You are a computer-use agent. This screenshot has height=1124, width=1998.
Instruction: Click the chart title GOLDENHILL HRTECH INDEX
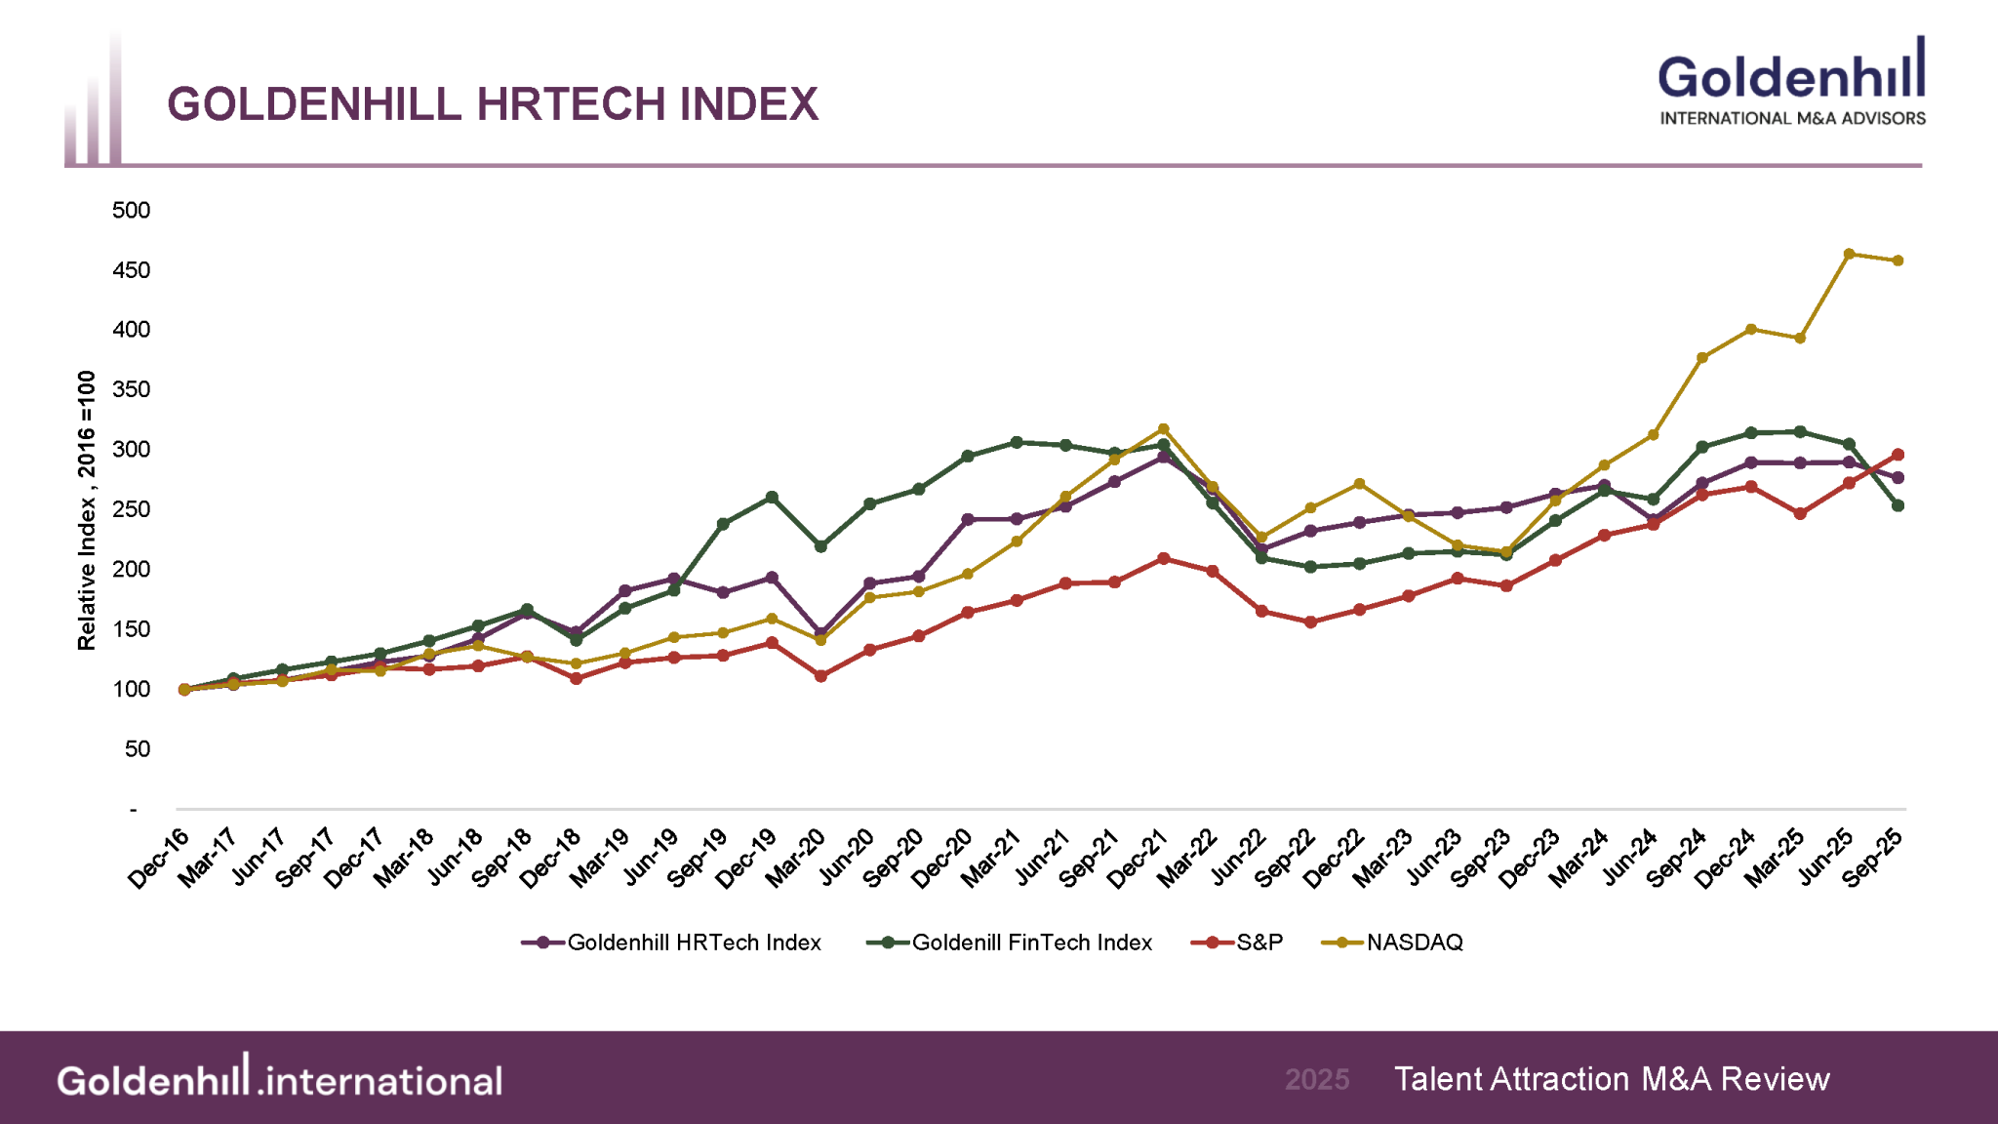click(493, 104)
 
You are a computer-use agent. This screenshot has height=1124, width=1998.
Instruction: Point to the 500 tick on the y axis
click(132, 210)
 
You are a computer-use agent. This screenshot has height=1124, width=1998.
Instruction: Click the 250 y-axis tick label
click(132, 509)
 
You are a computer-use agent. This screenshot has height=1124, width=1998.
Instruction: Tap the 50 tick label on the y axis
click(138, 748)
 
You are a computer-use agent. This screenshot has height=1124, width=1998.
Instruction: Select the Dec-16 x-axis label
click(159, 858)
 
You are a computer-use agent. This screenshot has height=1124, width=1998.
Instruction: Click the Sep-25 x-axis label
click(1872, 858)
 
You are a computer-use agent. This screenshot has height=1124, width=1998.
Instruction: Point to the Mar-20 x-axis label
click(795, 858)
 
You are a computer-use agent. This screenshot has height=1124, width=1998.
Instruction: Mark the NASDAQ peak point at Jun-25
click(1849, 254)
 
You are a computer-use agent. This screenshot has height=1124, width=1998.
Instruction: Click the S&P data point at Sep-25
click(1898, 455)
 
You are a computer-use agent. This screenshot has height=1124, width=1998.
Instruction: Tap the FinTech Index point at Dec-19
click(772, 498)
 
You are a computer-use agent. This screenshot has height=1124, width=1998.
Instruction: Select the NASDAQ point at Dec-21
click(1163, 429)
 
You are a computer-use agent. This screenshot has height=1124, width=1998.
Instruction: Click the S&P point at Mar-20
click(820, 675)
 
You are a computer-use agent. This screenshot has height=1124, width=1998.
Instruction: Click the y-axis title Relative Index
click(87, 509)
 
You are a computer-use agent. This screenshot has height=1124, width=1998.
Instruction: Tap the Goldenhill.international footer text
click(279, 1079)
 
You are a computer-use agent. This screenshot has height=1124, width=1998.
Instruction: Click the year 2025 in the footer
click(1317, 1079)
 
